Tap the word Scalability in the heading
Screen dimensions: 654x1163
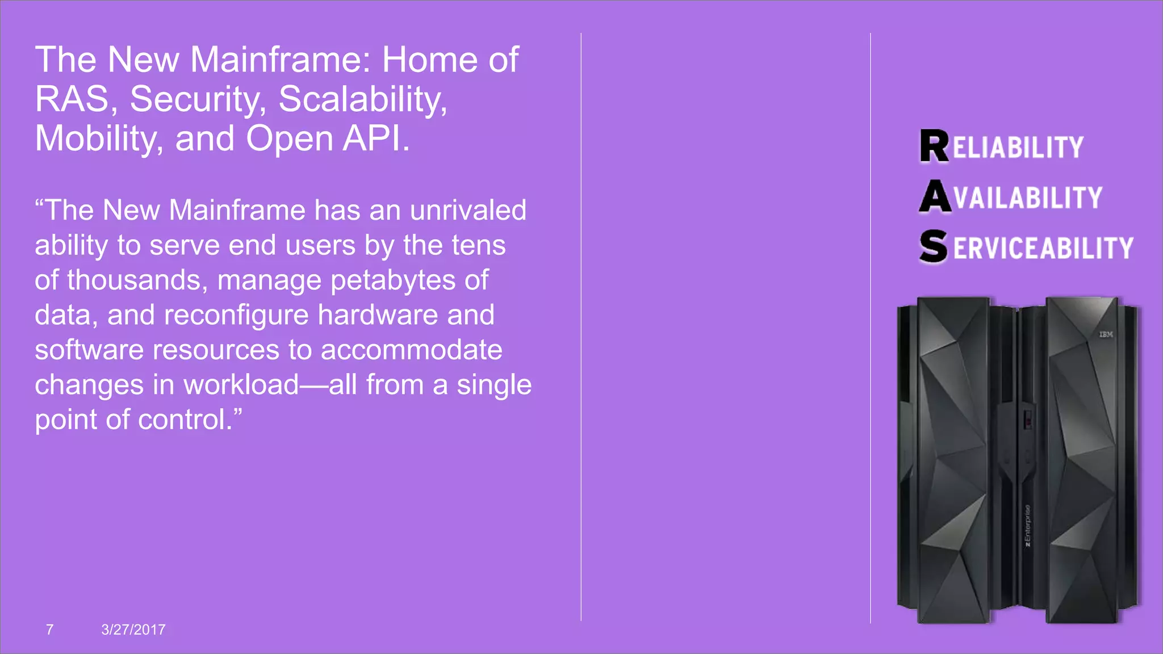click(362, 99)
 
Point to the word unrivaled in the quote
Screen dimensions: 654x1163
click(468, 210)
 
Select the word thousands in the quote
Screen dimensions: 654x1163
click(136, 280)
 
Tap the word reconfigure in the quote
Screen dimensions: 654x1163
click(236, 315)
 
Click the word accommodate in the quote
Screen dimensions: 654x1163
click(411, 350)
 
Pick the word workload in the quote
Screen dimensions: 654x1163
click(241, 385)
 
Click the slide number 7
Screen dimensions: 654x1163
click(49, 630)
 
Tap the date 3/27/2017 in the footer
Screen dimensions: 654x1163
click(133, 630)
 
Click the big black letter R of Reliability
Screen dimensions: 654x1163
click(934, 146)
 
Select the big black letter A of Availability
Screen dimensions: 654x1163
click(935, 196)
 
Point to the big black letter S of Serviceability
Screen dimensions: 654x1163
click(934, 246)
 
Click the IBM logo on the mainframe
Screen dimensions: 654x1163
click(1106, 334)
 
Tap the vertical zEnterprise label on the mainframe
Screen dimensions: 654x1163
click(1027, 526)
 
